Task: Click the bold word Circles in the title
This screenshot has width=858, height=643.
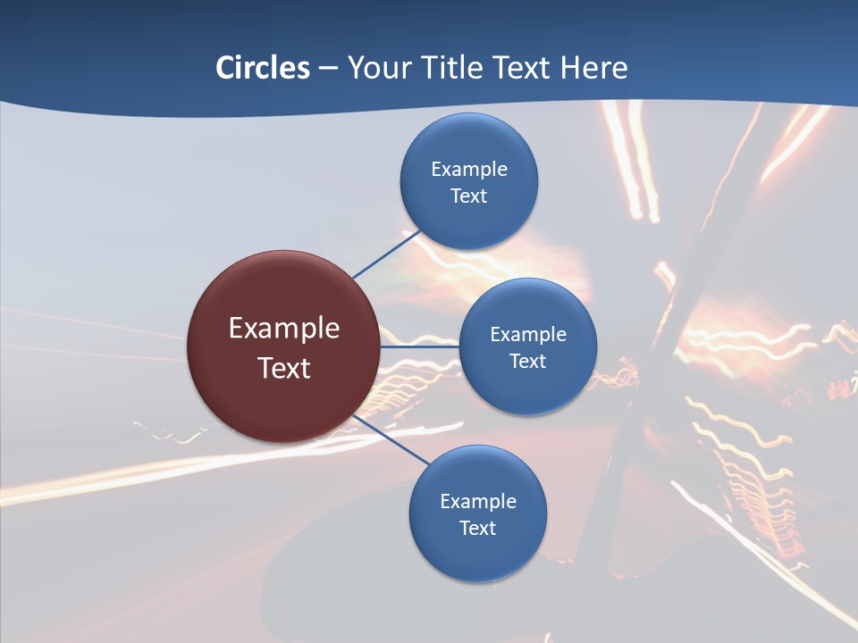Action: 263,68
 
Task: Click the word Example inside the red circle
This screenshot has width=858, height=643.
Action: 284,329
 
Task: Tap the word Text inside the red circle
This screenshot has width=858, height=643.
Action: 284,368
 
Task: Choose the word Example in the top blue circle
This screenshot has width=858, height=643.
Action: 468,170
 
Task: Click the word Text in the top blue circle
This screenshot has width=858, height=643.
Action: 468,196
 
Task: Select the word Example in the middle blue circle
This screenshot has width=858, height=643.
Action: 527,335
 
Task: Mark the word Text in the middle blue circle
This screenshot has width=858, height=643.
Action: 527,362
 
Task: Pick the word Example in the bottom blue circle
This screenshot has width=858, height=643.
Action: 477,502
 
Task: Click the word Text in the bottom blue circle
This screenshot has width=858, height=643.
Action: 477,529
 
